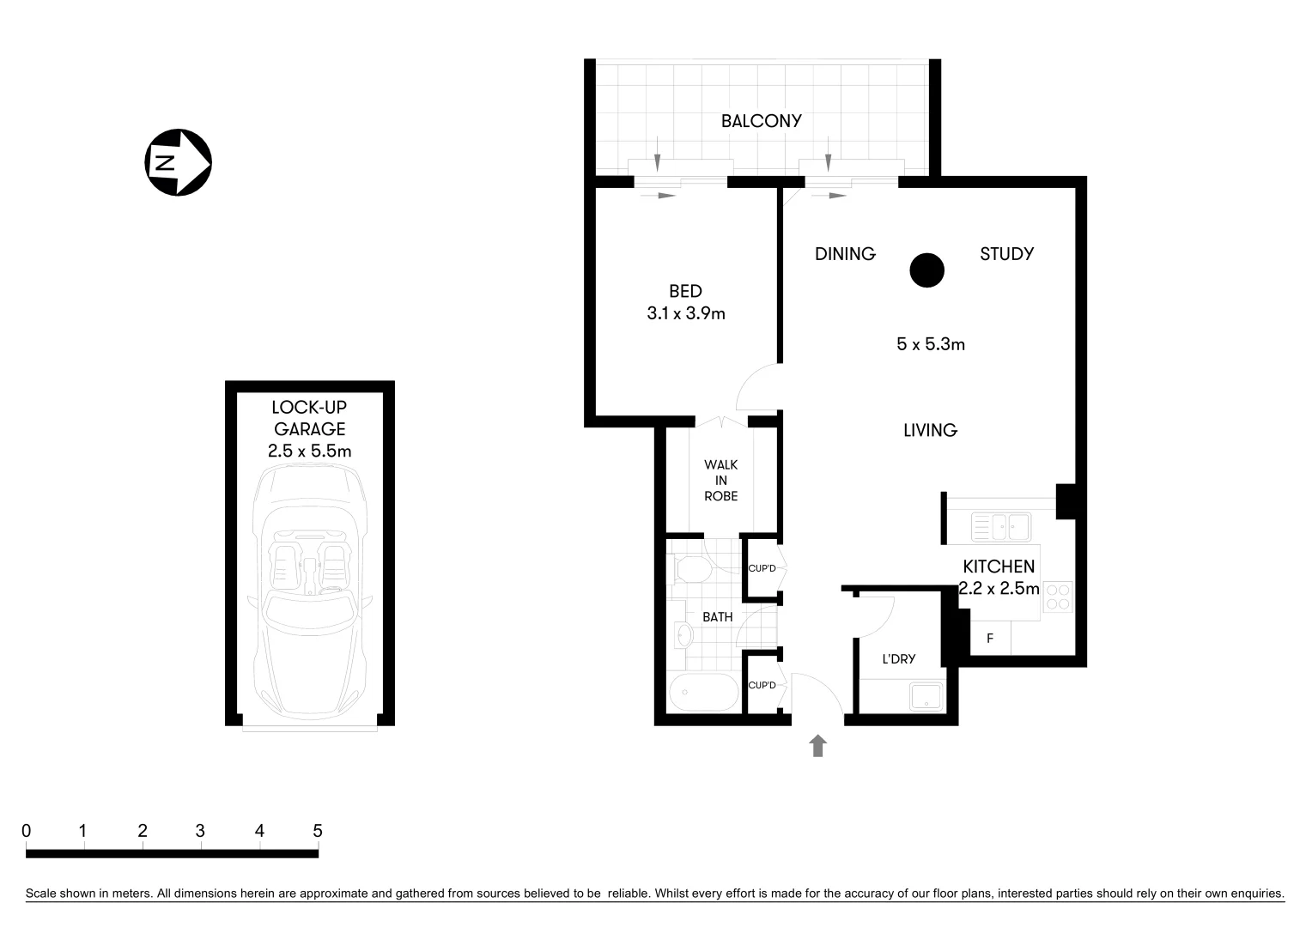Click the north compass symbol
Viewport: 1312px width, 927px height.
(178, 162)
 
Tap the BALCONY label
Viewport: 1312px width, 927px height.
(761, 121)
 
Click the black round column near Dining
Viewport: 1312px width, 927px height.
(926, 270)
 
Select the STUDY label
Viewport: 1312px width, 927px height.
(1006, 254)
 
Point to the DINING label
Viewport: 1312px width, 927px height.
(845, 254)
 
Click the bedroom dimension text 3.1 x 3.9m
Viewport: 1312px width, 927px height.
(685, 314)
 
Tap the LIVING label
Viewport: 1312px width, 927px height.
(930, 431)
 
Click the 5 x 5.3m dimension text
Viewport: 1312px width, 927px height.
(930, 344)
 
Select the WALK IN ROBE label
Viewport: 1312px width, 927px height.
(720, 481)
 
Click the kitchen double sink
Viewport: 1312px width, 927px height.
(1000, 526)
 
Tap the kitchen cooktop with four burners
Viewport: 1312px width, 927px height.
(1058, 597)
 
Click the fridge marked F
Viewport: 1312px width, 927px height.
(990, 639)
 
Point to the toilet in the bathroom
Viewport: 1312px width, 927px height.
(691, 569)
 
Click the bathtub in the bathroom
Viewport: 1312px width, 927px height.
(703, 692)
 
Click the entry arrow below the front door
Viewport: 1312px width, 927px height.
(817, 745)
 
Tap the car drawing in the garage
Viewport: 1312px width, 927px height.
(310, 592)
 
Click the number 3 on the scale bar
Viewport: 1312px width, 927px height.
(200, 831)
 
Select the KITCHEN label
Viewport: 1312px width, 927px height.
(999, 566)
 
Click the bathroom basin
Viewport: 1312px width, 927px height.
(684, 635)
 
